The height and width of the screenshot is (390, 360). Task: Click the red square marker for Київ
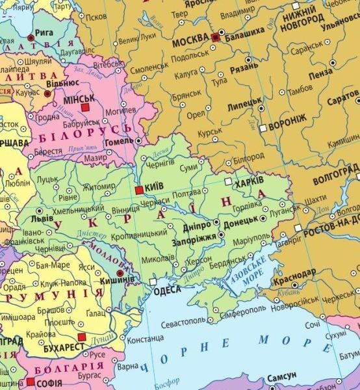(138, 190)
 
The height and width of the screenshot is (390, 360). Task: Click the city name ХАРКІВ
(250, 183)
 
